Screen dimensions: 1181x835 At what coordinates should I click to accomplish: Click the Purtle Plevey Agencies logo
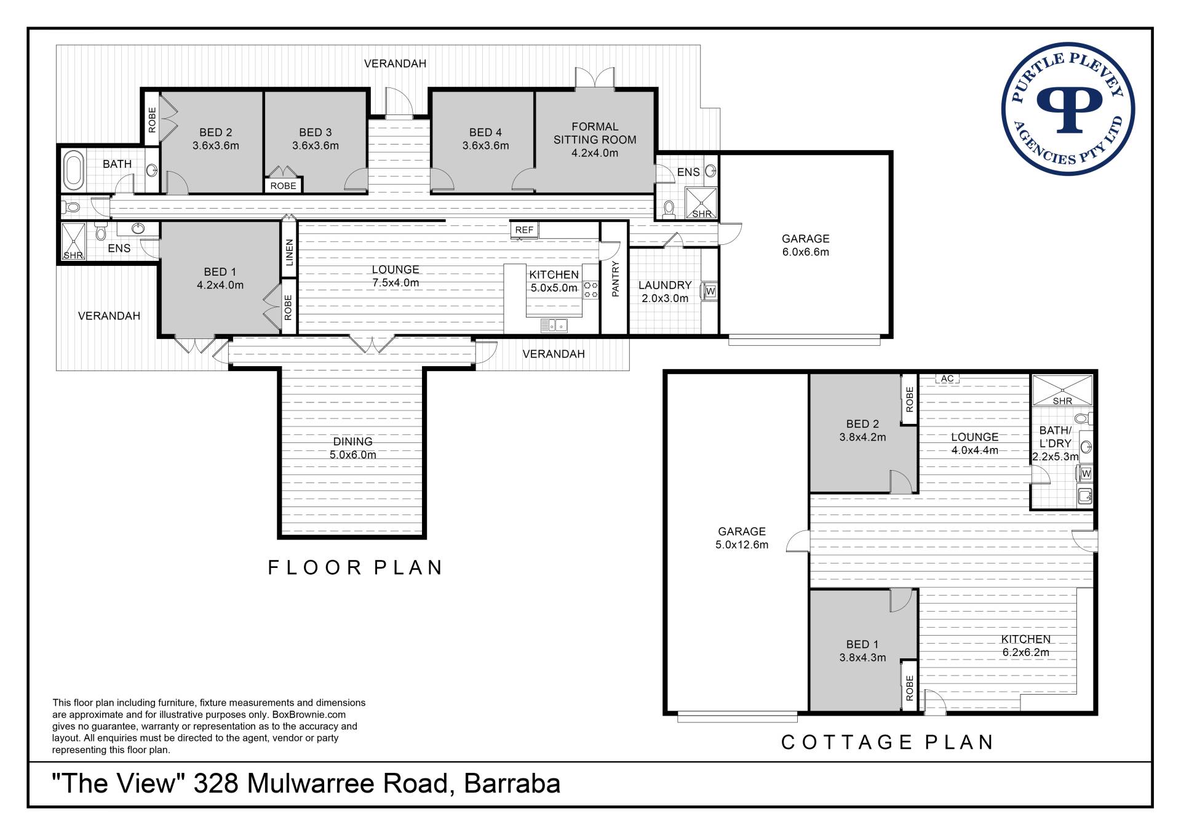1068,108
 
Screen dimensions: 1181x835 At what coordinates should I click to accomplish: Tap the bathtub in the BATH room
74,170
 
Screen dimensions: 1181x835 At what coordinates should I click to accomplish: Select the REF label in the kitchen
524,230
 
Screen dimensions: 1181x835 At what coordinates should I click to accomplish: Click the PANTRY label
615,279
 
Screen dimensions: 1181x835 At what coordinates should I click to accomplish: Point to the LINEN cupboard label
289,253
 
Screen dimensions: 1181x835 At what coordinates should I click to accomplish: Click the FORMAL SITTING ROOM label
595,133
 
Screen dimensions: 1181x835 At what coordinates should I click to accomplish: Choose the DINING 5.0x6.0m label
353,448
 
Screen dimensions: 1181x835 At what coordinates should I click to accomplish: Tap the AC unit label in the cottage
947,378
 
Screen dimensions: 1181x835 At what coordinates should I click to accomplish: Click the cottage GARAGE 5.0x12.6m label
742,538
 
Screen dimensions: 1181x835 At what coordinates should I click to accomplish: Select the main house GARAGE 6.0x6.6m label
806,245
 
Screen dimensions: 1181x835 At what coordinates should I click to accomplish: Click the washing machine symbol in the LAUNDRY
710,290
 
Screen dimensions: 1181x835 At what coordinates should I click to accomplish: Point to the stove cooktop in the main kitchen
591,290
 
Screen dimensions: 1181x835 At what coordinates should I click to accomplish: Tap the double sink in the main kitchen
554,325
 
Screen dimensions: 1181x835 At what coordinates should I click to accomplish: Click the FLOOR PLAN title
356,567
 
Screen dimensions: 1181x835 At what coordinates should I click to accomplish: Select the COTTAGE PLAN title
887,742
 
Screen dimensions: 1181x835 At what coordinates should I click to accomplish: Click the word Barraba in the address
512,784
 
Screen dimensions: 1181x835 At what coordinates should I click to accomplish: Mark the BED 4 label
485,132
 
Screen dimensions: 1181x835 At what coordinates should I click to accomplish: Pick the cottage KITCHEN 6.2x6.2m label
1025,646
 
